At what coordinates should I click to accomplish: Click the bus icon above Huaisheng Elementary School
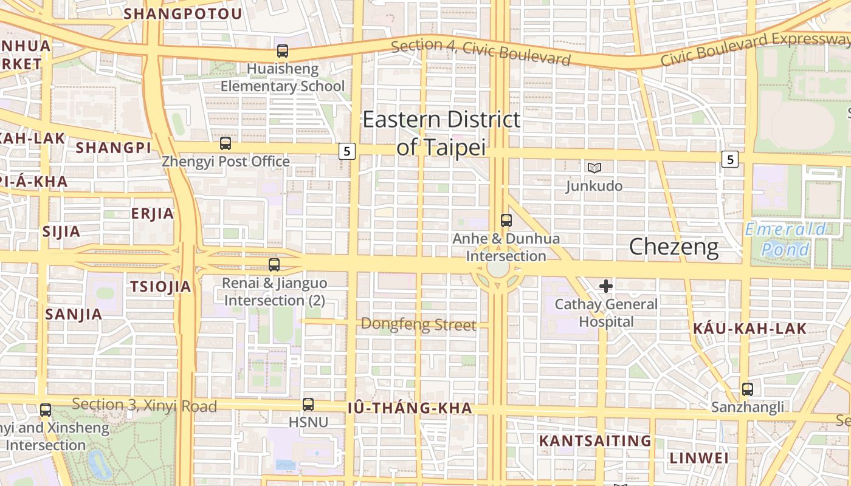click(x=283, y=51)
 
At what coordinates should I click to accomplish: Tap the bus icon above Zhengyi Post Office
click(x=226, y=143)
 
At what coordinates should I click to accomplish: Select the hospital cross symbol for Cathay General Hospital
click(x=606, y=286)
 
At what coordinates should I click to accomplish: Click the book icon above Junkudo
click(x=594, y=168)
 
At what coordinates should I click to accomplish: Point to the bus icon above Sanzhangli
click(x=748, y=389)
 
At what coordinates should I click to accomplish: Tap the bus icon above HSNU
click(x=308, y=404)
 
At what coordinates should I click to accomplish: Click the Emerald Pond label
click(x=786, y=239)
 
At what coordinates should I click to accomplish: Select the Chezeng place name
click(x=674, y=247)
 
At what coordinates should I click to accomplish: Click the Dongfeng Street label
click(x=419, y=324)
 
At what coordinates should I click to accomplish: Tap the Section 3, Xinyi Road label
click(x=144, y=405)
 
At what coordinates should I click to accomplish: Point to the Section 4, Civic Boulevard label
click(x=481, y=52)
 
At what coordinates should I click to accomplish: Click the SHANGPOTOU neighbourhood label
click(x=183, y=13)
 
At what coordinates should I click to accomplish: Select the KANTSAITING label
click(x=595, y=440)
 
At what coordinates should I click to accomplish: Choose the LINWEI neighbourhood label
click(x=699, y=457)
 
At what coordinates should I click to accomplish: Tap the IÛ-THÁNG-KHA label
click(x=410, y=408)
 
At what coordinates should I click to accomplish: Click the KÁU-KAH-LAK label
click(x=750, y=329)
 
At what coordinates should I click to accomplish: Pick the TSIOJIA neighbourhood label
click(x=160, y=287)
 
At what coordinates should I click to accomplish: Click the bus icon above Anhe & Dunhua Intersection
click(x=506, y=221)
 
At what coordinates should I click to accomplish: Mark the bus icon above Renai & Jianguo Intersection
click(x=274, y=265)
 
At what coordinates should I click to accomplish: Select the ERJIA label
click(x=153, y=213)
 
